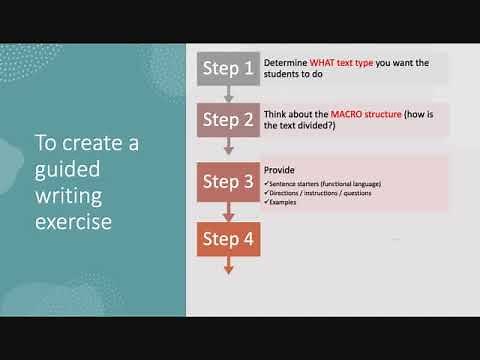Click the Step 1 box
coord(228,68)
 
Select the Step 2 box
coord(228,120)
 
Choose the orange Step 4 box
coord(228,239)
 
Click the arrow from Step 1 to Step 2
coord(229,94)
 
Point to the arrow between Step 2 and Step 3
coord(229,147)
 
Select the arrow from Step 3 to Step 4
coord(229,211)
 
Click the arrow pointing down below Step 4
coord(229,265)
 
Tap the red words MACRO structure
coord(346,114)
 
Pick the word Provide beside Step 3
coord(278,170)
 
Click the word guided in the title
coord(62,166)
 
